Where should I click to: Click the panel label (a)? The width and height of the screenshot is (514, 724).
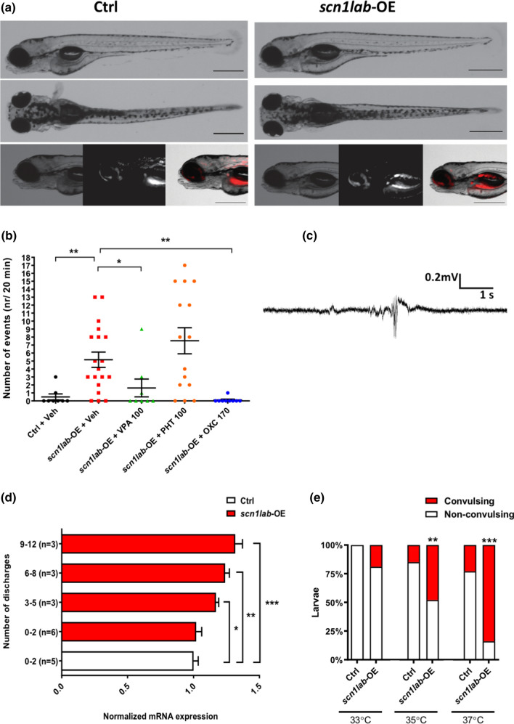[x=9, y=9]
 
